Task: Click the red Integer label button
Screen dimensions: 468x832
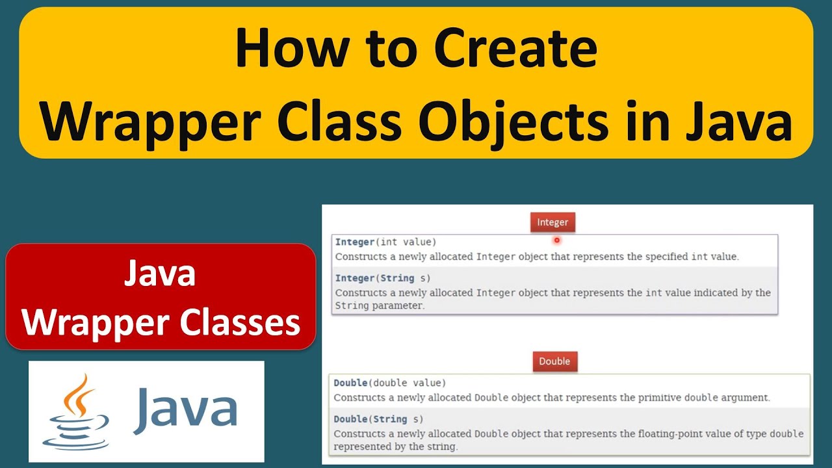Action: click(x=552, y=222)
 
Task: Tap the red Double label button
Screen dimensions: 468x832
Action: click(x=554, y=361)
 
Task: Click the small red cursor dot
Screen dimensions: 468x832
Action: click(x=557, y=240)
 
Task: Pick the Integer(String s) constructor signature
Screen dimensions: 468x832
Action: click(x=383, y=278)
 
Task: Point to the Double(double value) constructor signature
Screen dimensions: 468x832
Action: click(x=390, y=383)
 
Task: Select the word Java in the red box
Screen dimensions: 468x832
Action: click(x=160, y=274)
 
